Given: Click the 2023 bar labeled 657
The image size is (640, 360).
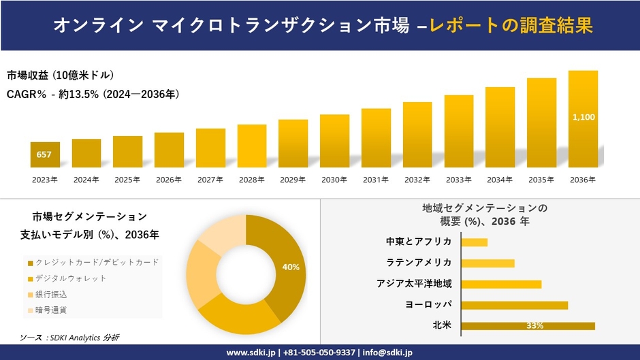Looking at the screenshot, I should coord(45,154).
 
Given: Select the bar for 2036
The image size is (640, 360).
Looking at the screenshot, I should coord(583,119).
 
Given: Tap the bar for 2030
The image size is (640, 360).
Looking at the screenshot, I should coord(334,140).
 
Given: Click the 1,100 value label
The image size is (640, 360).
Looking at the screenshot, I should coord(583,117).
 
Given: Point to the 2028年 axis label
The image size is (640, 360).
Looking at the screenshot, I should coord(252,180).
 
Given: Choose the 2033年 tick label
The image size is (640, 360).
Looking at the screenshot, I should coord(458,180).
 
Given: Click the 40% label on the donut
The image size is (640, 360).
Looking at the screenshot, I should coord(291,267).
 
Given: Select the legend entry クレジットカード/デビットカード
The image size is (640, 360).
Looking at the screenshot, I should coord(96,262).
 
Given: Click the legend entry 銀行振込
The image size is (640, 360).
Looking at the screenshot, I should coord(51,294).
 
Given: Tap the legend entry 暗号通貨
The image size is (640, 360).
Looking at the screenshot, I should coord(51,310).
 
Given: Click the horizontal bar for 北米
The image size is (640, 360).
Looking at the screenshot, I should coord(528,326).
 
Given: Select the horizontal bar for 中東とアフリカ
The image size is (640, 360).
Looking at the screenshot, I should coord(475,242).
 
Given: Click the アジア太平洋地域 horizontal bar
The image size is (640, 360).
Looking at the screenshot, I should coord(501,284).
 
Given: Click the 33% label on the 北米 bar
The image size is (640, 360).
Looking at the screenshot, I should coord(534,326).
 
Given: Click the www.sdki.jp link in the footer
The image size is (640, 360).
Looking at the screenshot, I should coord(250,353).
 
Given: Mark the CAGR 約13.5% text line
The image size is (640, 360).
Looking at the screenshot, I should coord(93,94).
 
